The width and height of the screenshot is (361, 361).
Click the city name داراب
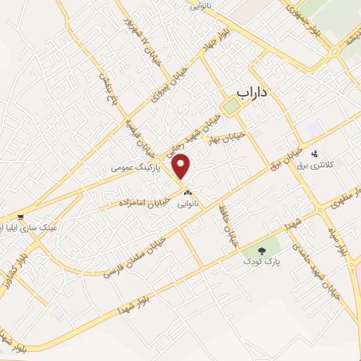click(253, 92)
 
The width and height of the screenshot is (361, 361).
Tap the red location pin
click(182, 166)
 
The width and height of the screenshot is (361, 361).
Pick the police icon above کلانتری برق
click(314, 152)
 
